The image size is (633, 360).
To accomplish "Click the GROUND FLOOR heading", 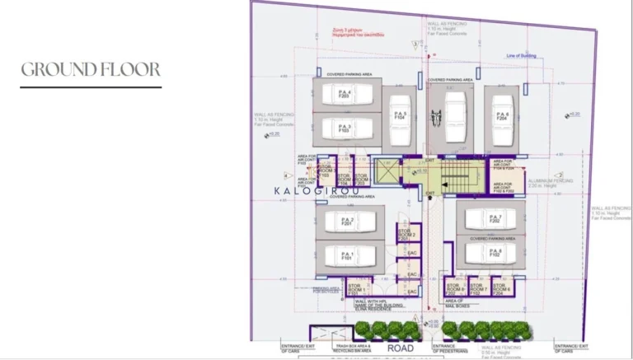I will point(91,69).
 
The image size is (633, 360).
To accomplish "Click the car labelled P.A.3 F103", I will point(344,129).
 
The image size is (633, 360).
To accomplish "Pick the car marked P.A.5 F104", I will point(401,118).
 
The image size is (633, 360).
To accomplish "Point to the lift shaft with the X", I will point(387,171).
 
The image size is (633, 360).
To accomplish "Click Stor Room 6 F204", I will point(504,288).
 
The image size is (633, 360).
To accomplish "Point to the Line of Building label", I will point(523,56).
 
